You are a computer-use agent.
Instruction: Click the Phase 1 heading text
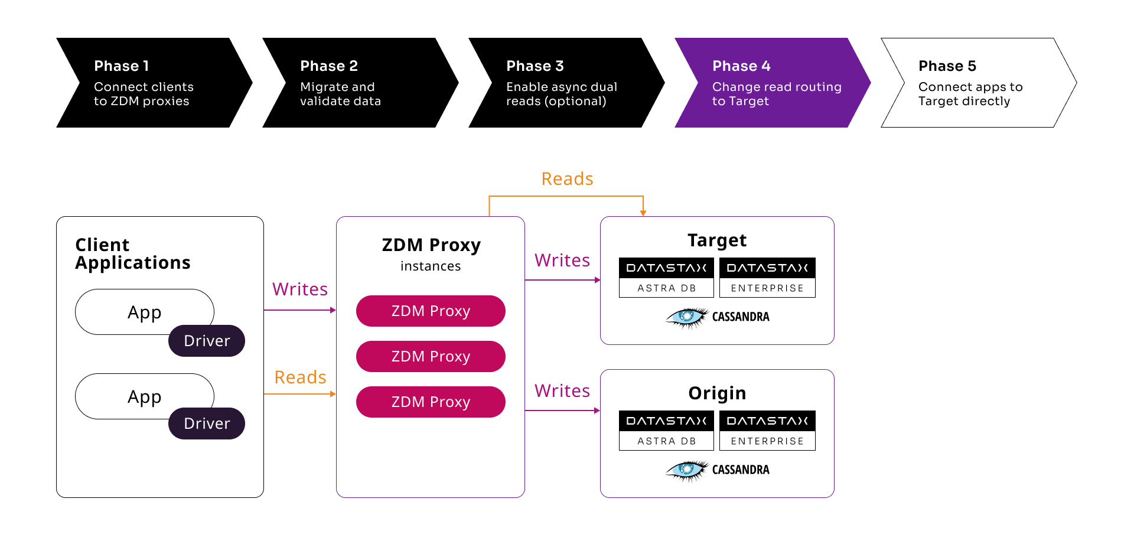pos(122,66)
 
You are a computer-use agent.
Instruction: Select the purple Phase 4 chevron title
pos(741,66)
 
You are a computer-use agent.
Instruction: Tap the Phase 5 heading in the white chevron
pos(947,66)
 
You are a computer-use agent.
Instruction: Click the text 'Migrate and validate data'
pos(340,94)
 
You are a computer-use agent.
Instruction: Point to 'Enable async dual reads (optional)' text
pos(561,94)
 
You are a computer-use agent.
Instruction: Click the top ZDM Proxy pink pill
pos(431,311)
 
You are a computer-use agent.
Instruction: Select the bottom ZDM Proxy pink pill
pos(431,402)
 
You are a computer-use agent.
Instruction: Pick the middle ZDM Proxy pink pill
pos(431,357)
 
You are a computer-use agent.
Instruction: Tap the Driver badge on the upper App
pos(207,341)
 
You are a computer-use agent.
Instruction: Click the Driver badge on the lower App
pos(207,424)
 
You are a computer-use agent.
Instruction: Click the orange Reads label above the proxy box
pos(567,179)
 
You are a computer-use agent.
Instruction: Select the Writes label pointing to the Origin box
pos(562,391)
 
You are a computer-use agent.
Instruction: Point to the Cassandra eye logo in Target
pos(686,317)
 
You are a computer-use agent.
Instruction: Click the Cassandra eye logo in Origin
pos(686,470)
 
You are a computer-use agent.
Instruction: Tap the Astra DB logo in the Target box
pos(666,278)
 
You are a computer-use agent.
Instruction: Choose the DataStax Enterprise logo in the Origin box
pos(767,431)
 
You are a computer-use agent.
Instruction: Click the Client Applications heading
pos(133,254)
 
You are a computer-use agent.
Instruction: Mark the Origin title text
pos(717,393)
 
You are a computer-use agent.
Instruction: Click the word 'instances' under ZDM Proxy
pos(431,266)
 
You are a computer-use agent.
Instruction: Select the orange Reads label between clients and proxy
pos(300,377)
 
